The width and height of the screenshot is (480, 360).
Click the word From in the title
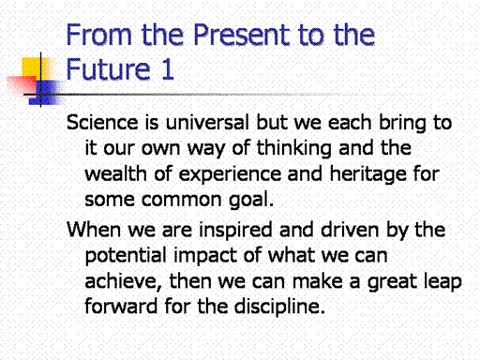click(99, 35)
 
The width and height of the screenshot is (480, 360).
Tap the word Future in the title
click(108, 68)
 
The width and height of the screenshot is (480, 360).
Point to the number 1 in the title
click(168, 68)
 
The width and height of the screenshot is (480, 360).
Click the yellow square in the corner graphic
click(35, 68)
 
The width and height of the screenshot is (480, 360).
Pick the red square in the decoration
click(22, 86)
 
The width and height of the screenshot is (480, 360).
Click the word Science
click(102, 122)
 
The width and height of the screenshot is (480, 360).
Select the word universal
click(207, 122)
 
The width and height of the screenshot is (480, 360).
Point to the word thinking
click(294, 148)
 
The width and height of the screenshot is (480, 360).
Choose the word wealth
click(115, 173)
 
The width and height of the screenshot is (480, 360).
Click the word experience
click(230, 174)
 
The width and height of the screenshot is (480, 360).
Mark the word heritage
click(367, 174)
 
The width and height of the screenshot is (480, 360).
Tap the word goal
click(251, 200)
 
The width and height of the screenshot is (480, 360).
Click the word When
click(94, 230)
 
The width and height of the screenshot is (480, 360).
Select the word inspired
click(235, 231)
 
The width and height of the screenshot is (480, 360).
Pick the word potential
click(126, 256)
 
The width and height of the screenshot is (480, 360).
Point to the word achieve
click(123, 281)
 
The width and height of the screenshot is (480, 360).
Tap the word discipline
click(279, 307)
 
